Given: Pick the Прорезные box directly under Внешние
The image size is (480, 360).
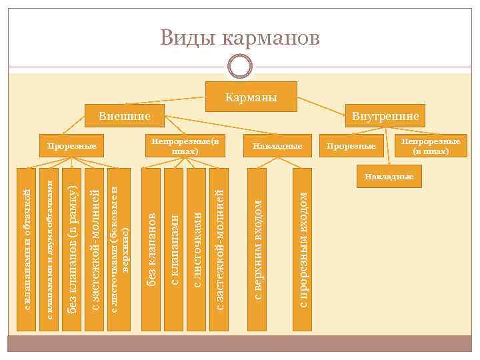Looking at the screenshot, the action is point(69,145).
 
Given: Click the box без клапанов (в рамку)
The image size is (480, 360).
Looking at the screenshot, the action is point(73,250).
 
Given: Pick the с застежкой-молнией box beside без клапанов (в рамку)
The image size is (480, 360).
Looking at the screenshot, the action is point(95,250).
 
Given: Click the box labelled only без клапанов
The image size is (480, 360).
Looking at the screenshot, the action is point(151,250).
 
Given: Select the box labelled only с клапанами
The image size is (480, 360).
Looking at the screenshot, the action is point(174,250).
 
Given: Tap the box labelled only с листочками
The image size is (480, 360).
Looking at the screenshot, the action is point(196,250).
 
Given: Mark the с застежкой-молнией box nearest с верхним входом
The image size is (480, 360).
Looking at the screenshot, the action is point(219,250).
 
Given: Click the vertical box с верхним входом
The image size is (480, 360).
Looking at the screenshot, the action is point(257,250).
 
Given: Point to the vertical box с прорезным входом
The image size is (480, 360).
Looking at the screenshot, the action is point(303,250).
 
